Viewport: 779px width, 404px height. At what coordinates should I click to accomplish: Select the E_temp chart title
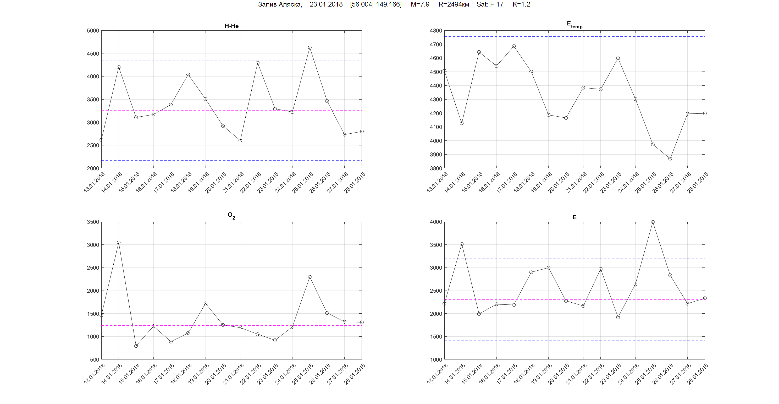[x=574, y=25]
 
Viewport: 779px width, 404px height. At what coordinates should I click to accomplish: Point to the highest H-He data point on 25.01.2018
[x=310, y=47]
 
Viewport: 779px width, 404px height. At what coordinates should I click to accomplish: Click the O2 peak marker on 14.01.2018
[x=119, y=243]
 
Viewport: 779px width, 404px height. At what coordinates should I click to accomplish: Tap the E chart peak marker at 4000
[x=653, y=222]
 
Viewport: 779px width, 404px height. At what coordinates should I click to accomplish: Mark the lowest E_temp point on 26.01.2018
[x=670, y=159]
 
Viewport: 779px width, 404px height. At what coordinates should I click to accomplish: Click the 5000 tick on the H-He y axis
[x=93, y=31]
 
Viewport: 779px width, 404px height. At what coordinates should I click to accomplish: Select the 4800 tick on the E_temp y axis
[x=436, y=31]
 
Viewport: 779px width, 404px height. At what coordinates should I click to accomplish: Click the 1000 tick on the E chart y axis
[x=436, y=359]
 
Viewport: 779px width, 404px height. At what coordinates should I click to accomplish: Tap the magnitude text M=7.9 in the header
[x=420, y=4]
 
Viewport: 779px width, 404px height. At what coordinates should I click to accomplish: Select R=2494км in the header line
[x=454, y=4]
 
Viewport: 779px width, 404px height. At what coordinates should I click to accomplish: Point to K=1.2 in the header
[x=521, y=4]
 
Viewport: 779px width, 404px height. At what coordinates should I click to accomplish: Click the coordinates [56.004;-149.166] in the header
[x=375, y=4]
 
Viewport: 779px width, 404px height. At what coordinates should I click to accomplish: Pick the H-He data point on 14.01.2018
[x=119, y=67]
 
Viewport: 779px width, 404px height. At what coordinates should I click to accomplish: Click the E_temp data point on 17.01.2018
[x=514, y=46]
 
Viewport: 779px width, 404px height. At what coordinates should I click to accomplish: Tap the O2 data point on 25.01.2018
[x=310, y=277]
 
